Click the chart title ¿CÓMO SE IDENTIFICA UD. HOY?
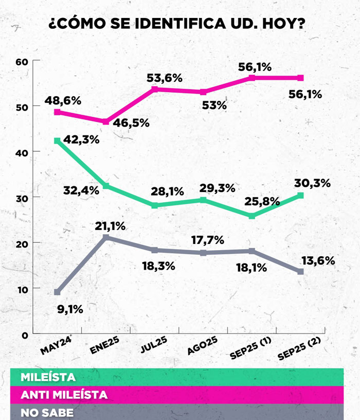(179, 24)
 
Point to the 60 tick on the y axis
(21, 62)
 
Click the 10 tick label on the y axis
(21, 288)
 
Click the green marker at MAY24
(57, 141)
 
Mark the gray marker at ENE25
(106, 237)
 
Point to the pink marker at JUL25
(154, 90)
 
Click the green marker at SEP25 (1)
(252, 216)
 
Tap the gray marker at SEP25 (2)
(301, 271)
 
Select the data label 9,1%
(69, 309)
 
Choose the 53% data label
(214, 106)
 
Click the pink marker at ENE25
(106, 122)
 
